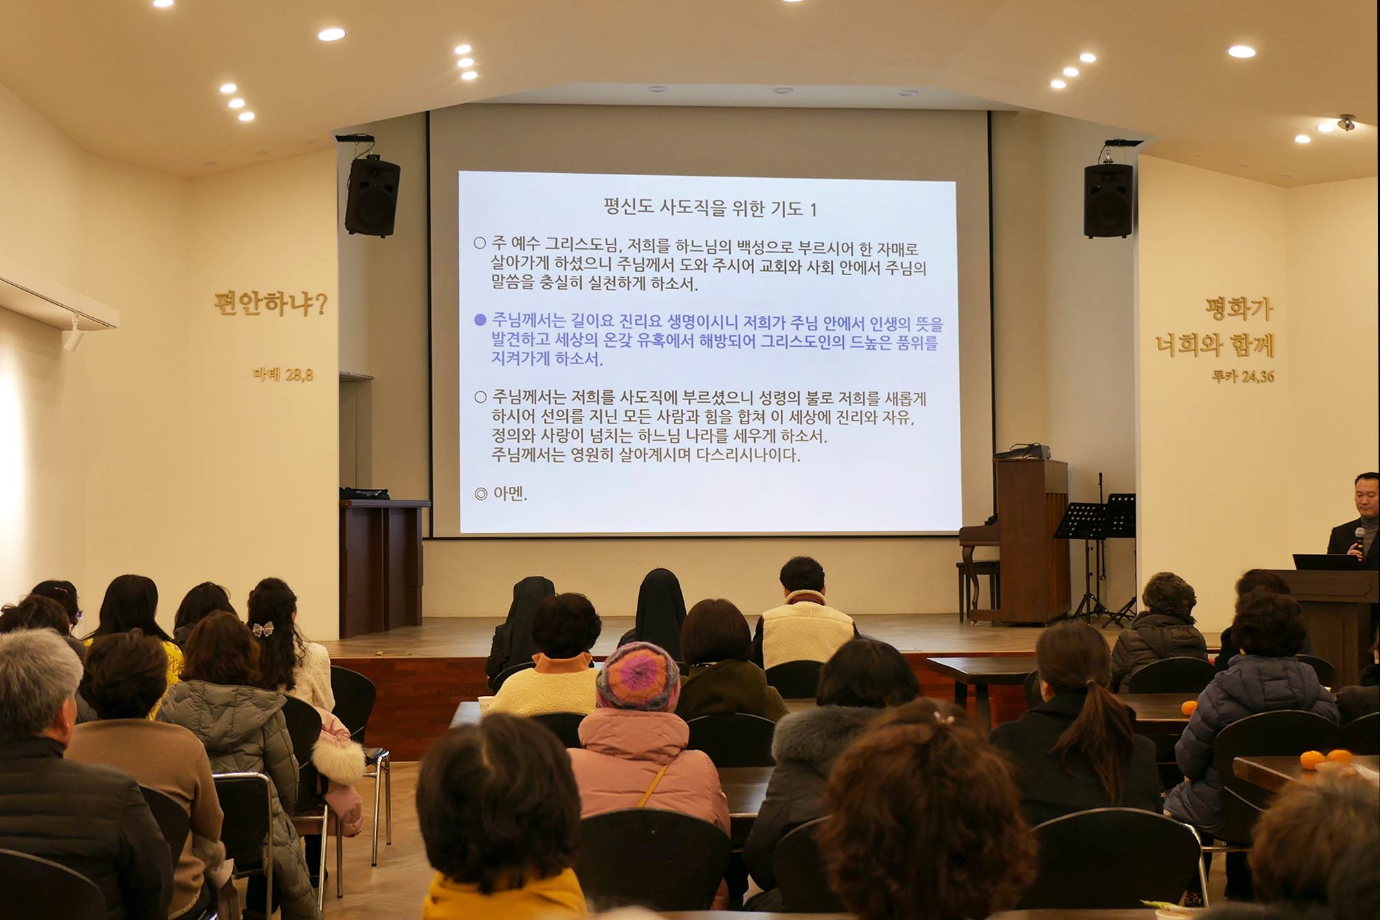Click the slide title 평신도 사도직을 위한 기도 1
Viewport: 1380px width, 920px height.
tap(710, 208)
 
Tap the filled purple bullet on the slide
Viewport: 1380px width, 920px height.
tap(480, 320)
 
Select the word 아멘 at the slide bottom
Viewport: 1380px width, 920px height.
tap(509, 494)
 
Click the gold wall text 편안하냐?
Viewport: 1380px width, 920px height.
tap(270, 303)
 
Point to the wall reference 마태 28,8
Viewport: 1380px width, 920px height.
tap(283, 374)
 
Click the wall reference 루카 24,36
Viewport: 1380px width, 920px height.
tap(1243, 377)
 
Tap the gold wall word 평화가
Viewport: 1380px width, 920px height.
tap(1239, 308)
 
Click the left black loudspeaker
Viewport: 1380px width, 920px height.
tap(373, 197)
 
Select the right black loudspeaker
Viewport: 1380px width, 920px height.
tap(1108, 200)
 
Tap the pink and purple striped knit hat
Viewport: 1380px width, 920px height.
tap(638, 677)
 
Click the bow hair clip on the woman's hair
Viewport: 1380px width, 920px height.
tap(263, 628)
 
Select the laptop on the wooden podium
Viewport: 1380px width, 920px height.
tap(1325, 562)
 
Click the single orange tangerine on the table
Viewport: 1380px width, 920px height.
tap(1188, 707)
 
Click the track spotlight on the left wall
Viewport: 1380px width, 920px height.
tap(73, 334)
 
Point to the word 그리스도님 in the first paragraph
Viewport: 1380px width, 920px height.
tap(584, 244)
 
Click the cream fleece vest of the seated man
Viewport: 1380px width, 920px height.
tap(803, 631)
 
